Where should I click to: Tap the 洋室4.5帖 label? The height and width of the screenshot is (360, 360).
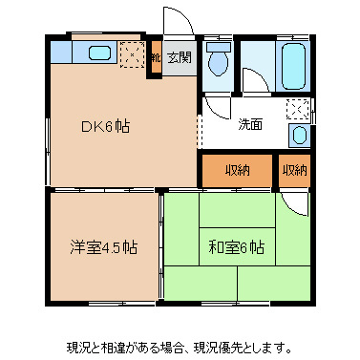click(102, 247)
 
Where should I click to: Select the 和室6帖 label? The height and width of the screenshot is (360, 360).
click(236, 247)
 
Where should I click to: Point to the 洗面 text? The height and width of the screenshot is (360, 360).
click(250, 123)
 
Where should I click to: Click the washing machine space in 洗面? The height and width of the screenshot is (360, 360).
click(299, 108)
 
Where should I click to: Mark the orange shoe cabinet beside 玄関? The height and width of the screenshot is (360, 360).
click(154, 57)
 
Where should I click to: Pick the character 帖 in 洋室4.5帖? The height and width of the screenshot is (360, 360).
click(129, 247)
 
